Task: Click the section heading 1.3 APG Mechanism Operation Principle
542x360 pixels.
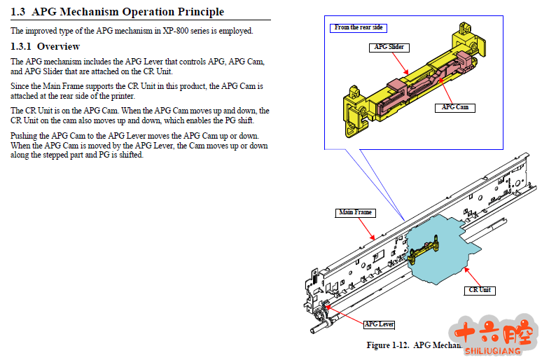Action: pos(117,12)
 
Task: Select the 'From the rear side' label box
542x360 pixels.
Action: pos(359,28)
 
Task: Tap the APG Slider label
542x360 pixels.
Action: pos(389,48)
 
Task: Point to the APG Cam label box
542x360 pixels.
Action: pos(454,107)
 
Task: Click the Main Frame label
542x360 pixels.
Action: pos(356,212)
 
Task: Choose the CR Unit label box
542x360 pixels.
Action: pos(480,289)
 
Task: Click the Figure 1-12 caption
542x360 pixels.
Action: pos(413,345)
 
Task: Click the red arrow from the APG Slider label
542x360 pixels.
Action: pos(401,63)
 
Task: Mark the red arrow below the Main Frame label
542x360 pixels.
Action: pos(370,227)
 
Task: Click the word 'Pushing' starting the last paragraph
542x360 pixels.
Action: pos(25,135)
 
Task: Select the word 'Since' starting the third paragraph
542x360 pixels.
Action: pos(21,86)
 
